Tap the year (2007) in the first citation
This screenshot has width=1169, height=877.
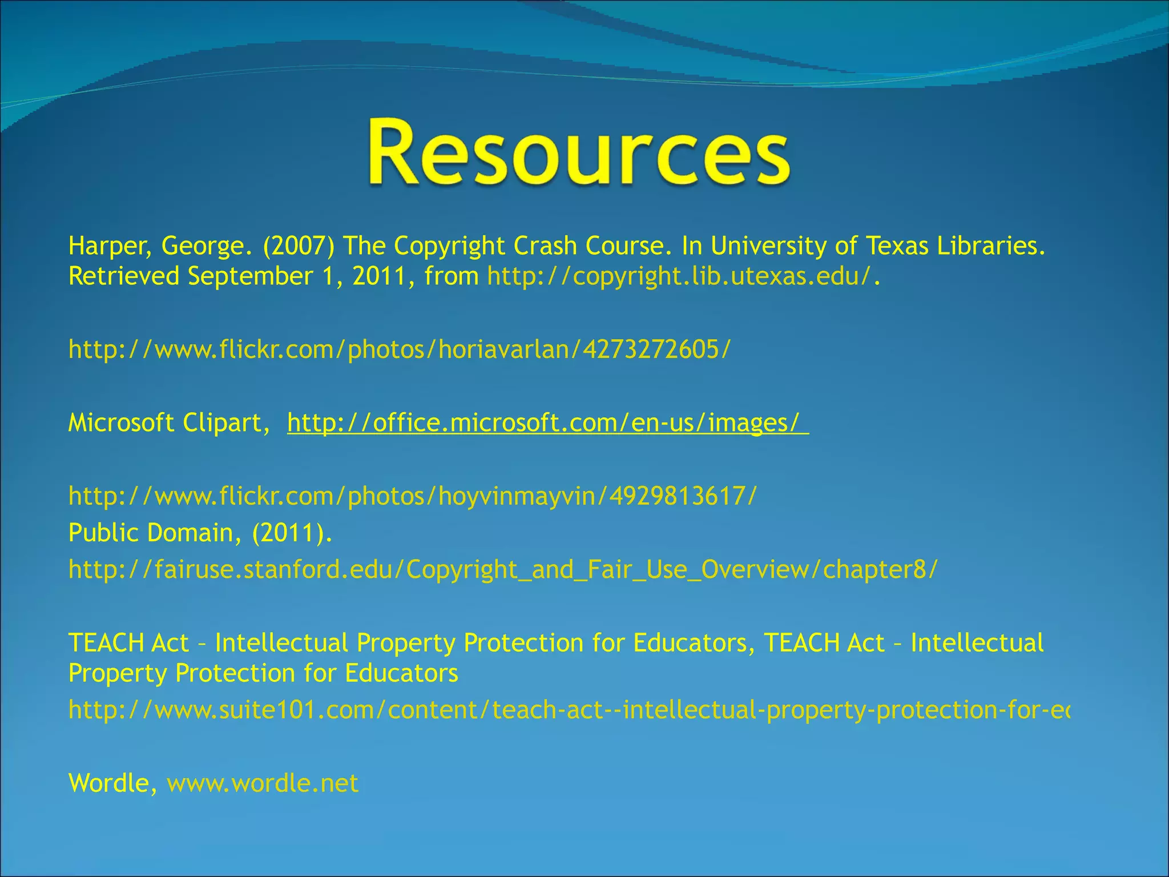coord(299,247)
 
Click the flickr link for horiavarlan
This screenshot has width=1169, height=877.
coord(399,349)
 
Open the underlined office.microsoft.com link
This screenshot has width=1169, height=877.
coord(547,423)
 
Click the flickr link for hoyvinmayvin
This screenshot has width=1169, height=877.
coord(412,496)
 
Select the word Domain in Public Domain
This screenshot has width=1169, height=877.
coord(190,533)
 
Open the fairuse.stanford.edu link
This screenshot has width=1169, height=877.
coord(502,570)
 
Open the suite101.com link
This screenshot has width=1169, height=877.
coord(568,710)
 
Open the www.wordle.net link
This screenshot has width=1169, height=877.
coord(263,783)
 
